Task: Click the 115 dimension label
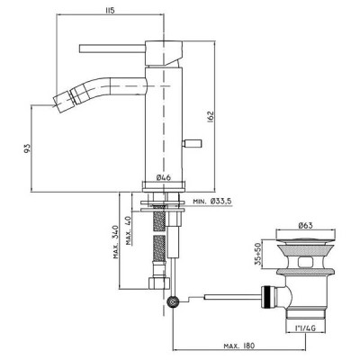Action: [110, 11]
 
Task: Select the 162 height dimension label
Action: [210, 116]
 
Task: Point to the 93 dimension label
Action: [27, 148]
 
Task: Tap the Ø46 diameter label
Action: [164, 177]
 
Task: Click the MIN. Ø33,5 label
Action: [211, 202]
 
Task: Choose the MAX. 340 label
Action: [116, 242]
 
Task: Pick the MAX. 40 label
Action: [129, 229]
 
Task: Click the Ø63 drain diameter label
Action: [305, 225]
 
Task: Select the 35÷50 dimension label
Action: [258, 255]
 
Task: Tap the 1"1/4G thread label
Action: [305, 328]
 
